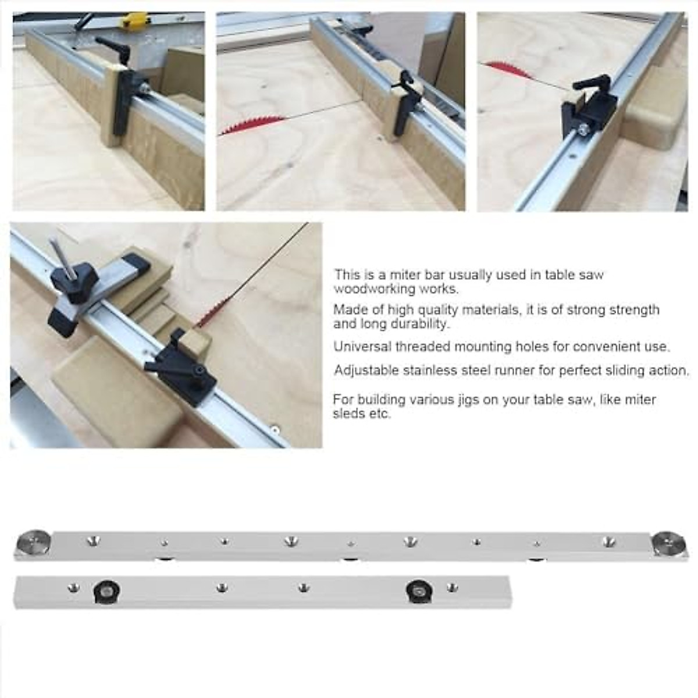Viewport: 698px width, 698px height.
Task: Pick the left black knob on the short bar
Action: (x=106, y=591)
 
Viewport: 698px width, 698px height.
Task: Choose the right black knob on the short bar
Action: (x=419, y=591)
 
